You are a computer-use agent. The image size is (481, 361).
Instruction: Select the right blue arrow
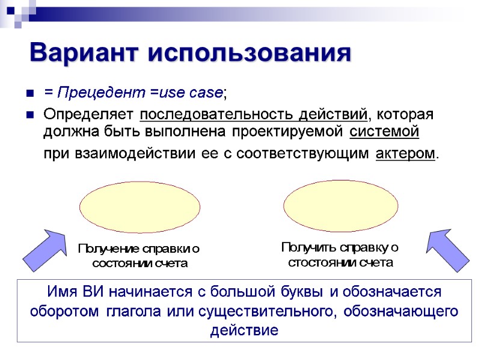tap(447, 250)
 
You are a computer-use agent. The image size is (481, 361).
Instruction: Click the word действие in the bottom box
tap(244, 330)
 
